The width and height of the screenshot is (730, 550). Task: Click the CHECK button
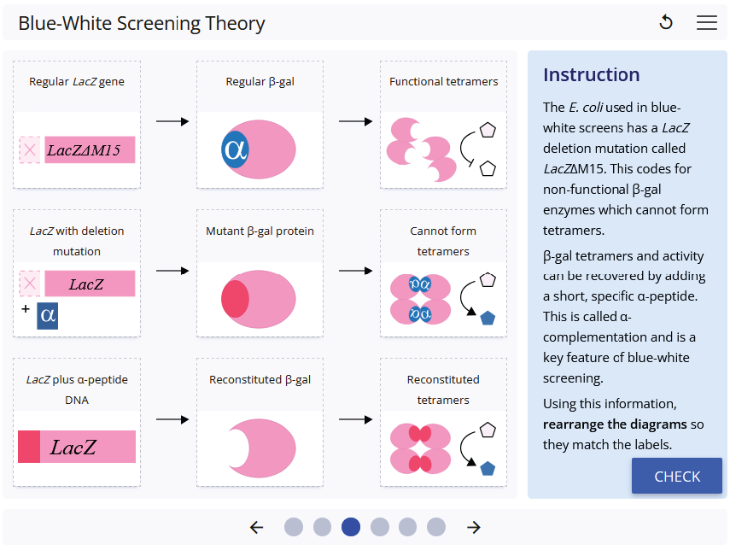(676, 477)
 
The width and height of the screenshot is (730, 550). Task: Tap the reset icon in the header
(666, 23)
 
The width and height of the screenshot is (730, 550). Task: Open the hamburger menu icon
(707, 23)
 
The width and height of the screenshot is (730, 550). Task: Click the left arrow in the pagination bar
(256, 527)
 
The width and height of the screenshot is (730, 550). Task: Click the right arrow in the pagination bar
(474, 527)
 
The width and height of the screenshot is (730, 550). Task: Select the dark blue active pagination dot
(350, 527)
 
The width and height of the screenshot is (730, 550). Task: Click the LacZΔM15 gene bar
(89, 150)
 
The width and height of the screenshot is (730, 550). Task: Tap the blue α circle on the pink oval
(234, 149)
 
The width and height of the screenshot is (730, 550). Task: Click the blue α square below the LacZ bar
(48, 316)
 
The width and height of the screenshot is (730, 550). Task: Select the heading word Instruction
(591, 74)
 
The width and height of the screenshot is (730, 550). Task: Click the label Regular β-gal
(260, 82)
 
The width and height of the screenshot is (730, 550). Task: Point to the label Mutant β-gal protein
(260, 231)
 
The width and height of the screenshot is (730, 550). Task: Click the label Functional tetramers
(443, 82)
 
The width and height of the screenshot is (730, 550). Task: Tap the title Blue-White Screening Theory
(142, 23)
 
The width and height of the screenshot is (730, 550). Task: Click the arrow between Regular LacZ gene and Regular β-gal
(172, 121)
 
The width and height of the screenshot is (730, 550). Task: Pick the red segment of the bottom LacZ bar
(29, 447)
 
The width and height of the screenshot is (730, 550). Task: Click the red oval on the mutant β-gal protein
(235, 298)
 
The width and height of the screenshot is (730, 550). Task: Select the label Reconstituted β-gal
(260, 379)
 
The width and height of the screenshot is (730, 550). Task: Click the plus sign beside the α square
(26, 308)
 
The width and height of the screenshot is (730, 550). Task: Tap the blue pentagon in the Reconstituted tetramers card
(488, 468)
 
